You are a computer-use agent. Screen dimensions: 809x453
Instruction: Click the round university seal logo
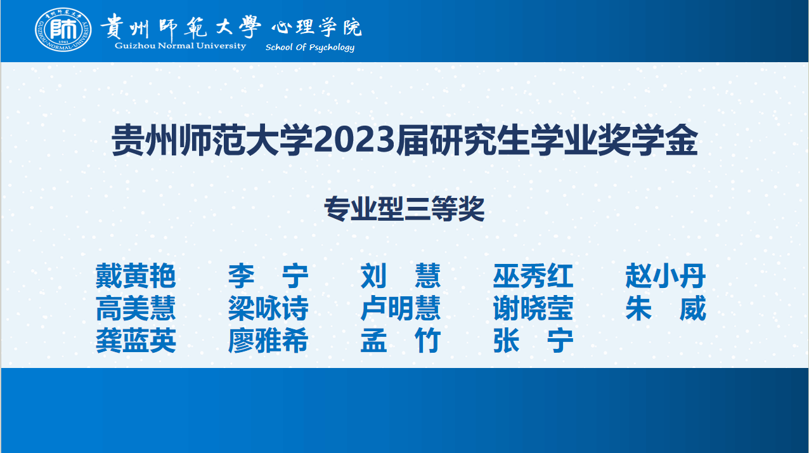(x=63, y=29)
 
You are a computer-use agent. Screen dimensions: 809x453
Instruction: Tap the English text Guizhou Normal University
(x=180, y=46)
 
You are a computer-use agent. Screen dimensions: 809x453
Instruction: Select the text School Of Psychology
(x=310, y=48)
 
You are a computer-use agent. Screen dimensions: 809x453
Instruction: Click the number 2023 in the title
(x=354, y=140)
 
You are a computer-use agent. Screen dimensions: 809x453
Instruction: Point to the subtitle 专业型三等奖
(x=404, y=209)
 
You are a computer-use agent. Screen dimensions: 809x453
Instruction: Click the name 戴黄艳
(x=136, y=276)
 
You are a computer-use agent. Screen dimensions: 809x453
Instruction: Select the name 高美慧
(x=136, y=308)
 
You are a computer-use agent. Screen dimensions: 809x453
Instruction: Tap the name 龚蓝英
(x=136, y=340)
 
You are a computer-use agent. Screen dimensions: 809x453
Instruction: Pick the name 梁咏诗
(x=268, y=308)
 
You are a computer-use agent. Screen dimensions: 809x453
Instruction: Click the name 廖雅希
(x=268, y=340)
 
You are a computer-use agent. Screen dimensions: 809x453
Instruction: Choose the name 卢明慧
(x=401, y=308)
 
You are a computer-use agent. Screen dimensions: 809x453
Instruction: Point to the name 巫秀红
(x=533, y=276)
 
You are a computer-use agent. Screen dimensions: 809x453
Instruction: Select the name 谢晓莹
(x=533, y=308)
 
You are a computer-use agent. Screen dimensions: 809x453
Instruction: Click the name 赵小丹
(x=666, y=276)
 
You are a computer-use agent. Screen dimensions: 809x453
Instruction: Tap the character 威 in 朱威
(x=693, y=308)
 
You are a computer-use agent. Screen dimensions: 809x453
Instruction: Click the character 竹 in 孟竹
(x=427, y=340)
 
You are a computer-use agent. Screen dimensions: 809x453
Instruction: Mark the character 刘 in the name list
(x=374, y=276)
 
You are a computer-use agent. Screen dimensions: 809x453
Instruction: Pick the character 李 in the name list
(x=242, y=276)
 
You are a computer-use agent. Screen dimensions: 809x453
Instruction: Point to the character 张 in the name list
(x=507, y=340)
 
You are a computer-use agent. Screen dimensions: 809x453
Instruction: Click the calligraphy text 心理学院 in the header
(x=317, y=27)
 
